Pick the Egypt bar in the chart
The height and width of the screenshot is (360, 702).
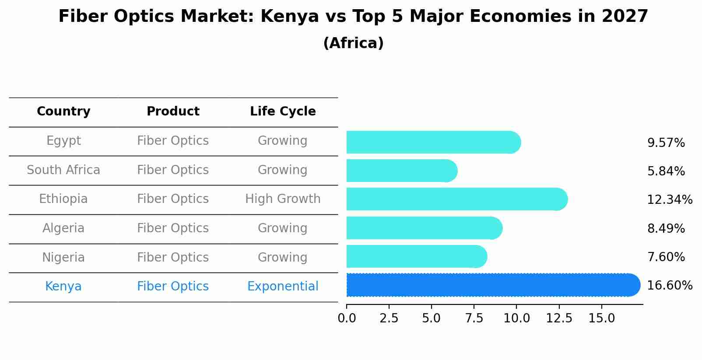tap(433, 142)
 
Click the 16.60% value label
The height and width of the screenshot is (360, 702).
tap(669, 286)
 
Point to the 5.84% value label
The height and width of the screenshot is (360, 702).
tap(666, 171)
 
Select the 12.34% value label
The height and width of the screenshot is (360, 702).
tap(669, 200)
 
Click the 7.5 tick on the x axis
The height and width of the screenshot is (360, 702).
tap(474, 318)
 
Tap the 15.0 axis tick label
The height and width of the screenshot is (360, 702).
tap(601, 318)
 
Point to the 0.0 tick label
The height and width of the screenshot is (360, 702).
tap(347, 318)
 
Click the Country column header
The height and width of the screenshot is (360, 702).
tap(63, 112)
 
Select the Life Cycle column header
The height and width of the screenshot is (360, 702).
tap(283, 112)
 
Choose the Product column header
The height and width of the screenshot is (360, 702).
tap(173, 112)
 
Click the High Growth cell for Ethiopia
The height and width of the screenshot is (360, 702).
tap(283, 199)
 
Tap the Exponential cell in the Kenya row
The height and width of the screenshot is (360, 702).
tap(283, 287)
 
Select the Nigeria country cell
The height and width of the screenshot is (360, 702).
tap(63, 257)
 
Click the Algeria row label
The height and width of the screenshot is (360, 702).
tap(63, 228)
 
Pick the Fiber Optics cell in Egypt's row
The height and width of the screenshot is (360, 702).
tap(173, 141)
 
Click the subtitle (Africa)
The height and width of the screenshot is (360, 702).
tap(353, 43)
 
